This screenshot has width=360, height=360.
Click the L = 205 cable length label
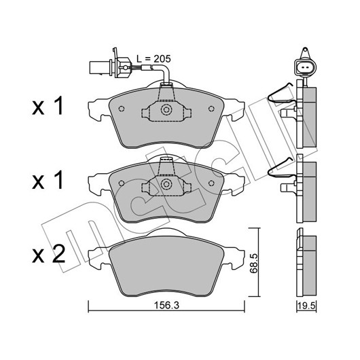(x=154, y=59)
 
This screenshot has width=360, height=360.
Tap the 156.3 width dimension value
(x=166, y=305)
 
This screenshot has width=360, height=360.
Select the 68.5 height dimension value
(x=254, y=263)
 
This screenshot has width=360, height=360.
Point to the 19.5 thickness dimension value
(x=307, y=306)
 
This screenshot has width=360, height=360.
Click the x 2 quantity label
(x=49, y=255)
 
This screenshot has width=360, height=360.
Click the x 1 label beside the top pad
(x=48, y=106)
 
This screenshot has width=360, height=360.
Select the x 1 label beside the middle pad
(x=48, y=181)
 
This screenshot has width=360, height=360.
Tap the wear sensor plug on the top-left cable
(x=111, y=66)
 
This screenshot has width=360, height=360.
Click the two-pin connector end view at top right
(x=306, y=67)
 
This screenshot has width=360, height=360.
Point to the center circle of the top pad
(x=166, y=110)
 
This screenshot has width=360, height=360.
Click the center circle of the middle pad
(x=166, y=184)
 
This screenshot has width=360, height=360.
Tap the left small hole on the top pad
(x=122, y=109)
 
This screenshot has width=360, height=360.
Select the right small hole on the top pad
(x=211, y=109)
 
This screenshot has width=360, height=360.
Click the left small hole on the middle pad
(x=122, y=183)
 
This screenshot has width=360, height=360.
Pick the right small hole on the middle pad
(x=211, y=183)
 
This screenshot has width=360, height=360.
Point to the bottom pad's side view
(x=306, y=262)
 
